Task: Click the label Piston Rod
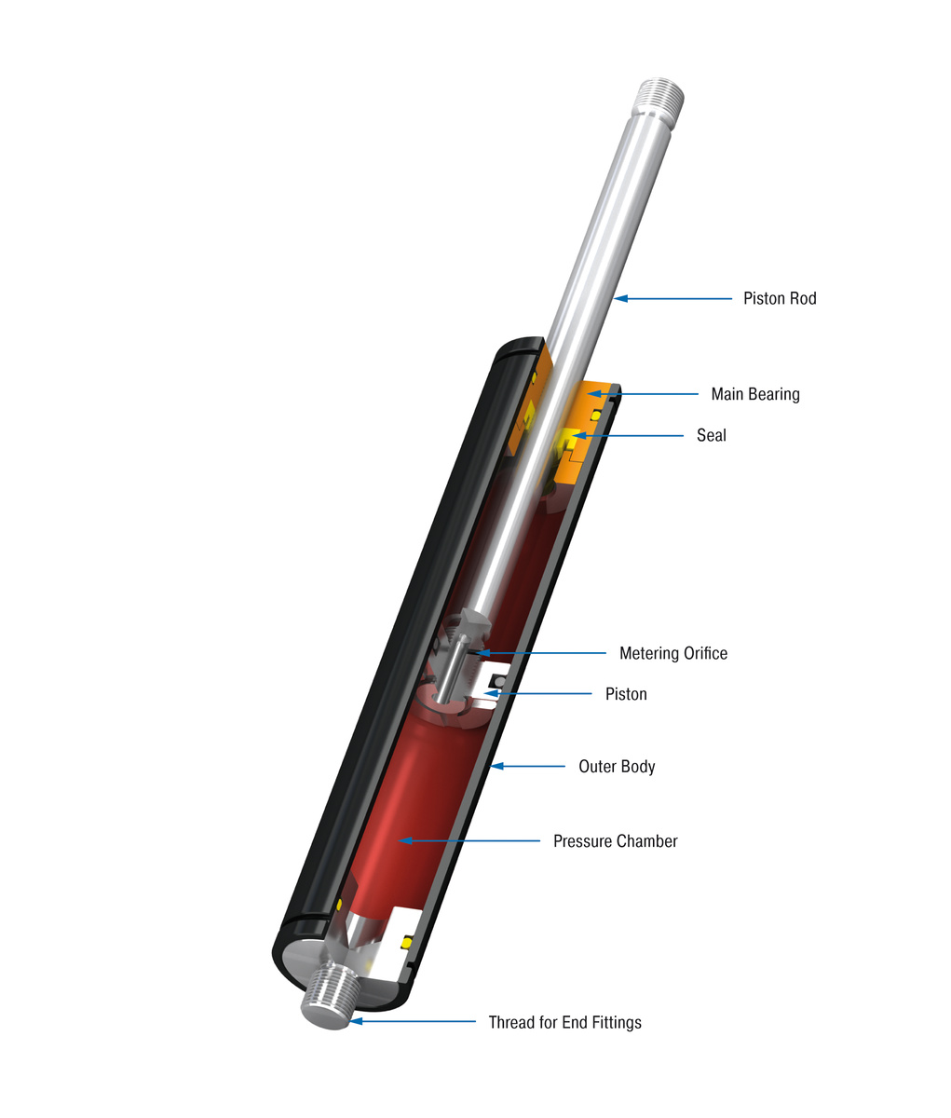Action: coord(779,299)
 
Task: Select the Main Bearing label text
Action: coord(754,394)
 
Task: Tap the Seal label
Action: coord(711,435)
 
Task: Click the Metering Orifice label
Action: coord(672,653)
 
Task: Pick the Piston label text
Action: coord(625,694)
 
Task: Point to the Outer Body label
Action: coord(617,767)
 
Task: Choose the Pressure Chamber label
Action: coord(615,841)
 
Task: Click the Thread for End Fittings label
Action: coord(564,1022)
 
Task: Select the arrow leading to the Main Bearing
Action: coord(643,394)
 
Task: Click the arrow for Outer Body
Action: coord(527,767)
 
